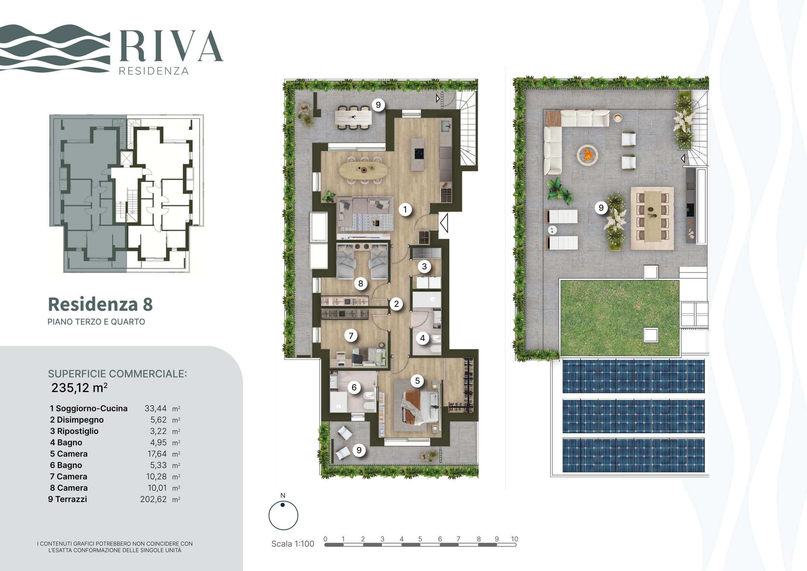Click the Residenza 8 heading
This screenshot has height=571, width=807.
100,304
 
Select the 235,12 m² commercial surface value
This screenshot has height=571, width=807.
79,388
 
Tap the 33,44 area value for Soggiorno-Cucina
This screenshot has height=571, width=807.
156,408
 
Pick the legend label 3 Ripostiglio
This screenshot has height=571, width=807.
74,431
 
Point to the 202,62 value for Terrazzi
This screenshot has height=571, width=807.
153,499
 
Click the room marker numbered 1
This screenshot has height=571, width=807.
405,210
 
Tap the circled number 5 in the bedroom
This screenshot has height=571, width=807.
417,381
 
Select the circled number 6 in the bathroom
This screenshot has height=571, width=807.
354,387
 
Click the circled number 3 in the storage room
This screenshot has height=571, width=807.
424,266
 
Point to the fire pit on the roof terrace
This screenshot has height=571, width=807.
587,154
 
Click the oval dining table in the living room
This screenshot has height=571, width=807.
363,170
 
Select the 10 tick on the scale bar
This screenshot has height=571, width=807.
514,539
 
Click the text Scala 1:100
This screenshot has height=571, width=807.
293,544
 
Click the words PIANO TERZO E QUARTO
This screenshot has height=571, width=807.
96,322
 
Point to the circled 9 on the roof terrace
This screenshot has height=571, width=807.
601,207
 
